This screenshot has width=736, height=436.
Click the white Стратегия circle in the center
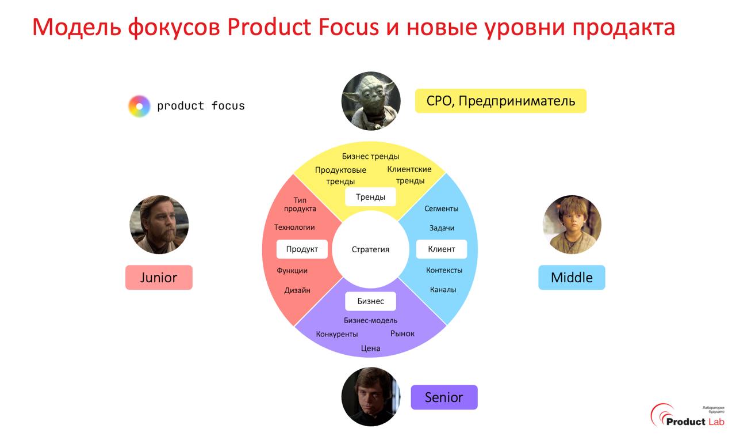(370, 249)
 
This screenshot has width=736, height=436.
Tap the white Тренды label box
(370, 197)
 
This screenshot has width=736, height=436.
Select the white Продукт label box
(302, 249)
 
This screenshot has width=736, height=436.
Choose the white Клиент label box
(442, 249)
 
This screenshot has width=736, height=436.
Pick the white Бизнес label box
(370, 301)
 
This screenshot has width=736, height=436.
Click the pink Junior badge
(159, 278)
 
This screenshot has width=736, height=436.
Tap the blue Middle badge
(572, 278)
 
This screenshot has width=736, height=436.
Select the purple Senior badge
(444, 397)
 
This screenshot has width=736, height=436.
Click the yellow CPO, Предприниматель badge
(500, 101)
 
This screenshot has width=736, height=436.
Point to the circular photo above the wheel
(370, 101)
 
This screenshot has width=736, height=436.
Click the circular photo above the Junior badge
(159, 225)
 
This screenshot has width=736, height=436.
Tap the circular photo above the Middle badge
(572, 225)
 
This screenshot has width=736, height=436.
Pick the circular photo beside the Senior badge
(370, 397)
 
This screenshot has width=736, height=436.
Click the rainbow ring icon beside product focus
(139, 106)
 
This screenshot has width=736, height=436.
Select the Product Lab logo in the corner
(687, 416)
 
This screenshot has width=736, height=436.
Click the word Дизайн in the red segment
(297, 290)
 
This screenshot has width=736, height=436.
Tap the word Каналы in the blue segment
(443, 290)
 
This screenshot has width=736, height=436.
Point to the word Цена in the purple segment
(370, 348)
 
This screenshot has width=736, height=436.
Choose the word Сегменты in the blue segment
(441, 208)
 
